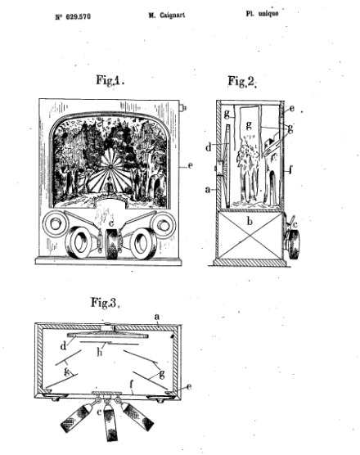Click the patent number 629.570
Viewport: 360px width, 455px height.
pos(77,16)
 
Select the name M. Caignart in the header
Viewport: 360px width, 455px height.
pos(167,16)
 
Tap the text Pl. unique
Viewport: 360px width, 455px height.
pos(262,13)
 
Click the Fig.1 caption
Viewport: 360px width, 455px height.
pos(110,80)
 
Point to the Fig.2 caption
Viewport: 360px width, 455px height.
pos(242,81)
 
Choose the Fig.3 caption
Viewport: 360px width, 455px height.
pos(106,303)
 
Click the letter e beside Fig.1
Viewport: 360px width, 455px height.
pos(191,165)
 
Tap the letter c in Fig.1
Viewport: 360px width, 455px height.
pos(110,223)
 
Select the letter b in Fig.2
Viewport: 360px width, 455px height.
pos(250,222)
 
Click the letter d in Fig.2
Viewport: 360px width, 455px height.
pos(209,147)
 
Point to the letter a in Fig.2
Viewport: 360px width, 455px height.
pos(208,190)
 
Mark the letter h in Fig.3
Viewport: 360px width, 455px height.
pos(100,353)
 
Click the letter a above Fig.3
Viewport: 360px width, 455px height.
pos(157,317)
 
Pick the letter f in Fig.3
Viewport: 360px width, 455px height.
pos(132,385)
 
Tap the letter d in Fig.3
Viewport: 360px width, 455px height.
pos(64,346)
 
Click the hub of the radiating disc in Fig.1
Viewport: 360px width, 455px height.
pos(110,166)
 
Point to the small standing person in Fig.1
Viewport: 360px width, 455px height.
pos(110,187)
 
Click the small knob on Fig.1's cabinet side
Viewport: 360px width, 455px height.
pos(183,108)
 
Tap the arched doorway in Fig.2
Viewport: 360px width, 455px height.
pos(272,187)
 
